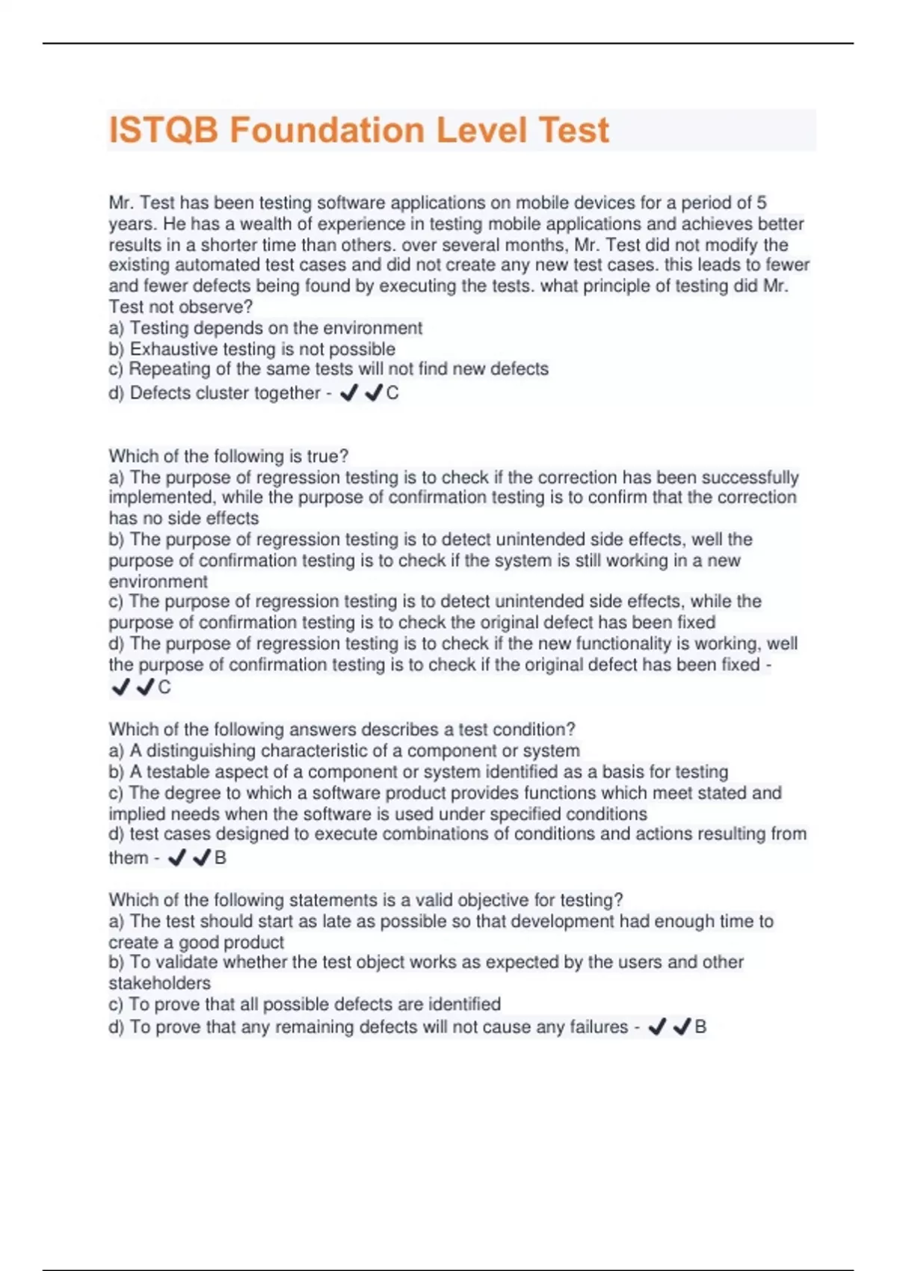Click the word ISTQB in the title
point(164,130)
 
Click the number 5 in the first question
point(761,203)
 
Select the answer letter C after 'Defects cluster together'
point(392,393)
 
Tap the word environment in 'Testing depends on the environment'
point(380,328)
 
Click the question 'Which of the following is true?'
point(229,456)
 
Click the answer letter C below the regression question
point(164,688)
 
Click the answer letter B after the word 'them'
point(221,858)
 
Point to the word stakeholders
point(159,983)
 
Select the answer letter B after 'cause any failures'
point(700,1027)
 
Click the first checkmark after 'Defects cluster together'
point(348,393)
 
